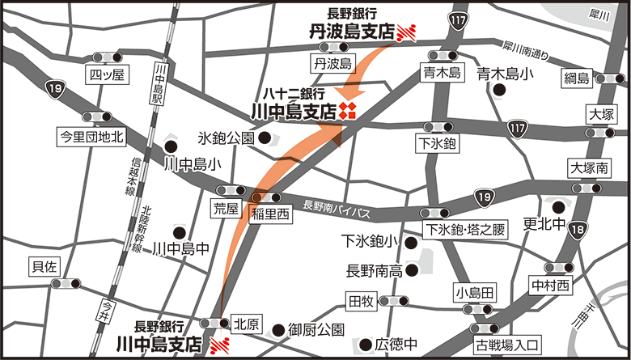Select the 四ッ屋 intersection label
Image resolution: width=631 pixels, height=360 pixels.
[108, 75]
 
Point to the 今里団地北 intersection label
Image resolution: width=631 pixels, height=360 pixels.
[90, 137]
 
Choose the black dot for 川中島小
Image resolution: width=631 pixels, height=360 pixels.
[171, 146]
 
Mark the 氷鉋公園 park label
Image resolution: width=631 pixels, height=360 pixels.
[227, 138]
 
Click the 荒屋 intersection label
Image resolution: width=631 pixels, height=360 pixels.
[227, 208]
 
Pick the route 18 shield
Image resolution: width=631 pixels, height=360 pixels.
[576, 231]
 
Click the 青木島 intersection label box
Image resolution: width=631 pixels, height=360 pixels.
[441, 74]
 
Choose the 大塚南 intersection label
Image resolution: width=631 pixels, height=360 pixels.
[588, 168]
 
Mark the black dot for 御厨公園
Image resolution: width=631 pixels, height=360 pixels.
[277, 329]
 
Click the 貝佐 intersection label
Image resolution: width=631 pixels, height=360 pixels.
[44, 265]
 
